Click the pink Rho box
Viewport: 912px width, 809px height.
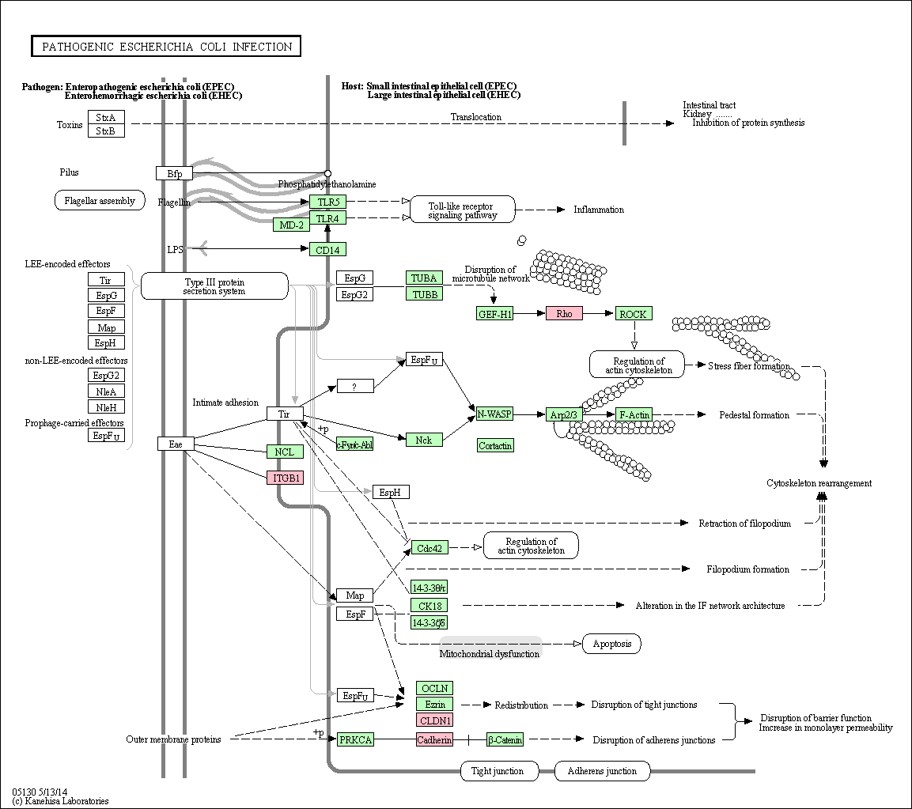click(x=564, y=313)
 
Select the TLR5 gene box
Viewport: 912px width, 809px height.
click(x=327, y=202)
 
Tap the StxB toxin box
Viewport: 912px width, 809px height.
click(x=106, y=130)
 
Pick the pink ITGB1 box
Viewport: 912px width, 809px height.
click(x=285, y=478)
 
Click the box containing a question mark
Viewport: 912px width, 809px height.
click(x=355, y=386)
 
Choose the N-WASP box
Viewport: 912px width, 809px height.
click(x=494, y=414)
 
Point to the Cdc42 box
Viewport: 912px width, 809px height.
click(x=430, y=547)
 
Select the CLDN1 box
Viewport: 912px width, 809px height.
click(x=434, y=720)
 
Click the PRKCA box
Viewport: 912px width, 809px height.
click(x=355, y=739)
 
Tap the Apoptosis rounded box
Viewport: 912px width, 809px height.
click(x=612, y=643)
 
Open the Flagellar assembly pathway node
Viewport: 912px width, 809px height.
click(x=100, y=200)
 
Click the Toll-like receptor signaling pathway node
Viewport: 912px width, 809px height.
click(x=463, y=210)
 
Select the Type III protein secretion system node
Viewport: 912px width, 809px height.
click(x=214, y=286)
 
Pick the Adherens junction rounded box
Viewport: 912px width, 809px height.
click(x=602, y=771)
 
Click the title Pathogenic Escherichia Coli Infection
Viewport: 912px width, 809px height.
click(x=166, y=47)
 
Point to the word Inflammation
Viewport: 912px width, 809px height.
click(x=599, y=210)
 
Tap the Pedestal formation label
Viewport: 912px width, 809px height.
click(x=754, y=414)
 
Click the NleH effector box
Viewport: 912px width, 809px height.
click(x=106, y=407)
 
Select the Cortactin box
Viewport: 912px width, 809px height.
click(x=495, y=445)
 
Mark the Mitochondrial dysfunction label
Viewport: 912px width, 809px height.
click(x=489, y=653)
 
